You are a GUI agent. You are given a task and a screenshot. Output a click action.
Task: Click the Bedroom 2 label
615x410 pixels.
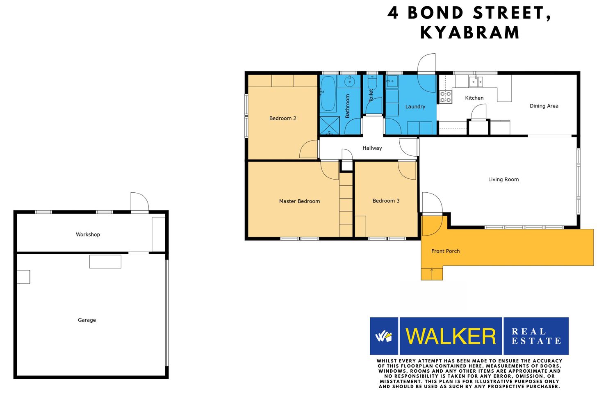pos(282,118)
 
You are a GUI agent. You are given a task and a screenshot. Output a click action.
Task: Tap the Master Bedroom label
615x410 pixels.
pos(299,201)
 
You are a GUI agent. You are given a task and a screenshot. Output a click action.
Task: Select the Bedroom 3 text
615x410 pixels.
pos(386,201)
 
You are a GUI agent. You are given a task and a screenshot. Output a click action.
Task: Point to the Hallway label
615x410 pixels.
pos(372,148)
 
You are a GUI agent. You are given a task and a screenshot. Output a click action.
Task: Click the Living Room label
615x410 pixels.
pos(503,180)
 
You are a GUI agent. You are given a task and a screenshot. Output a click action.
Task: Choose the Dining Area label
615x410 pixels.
pos(544,106)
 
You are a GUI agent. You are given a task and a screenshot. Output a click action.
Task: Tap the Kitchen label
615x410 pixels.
pos(474,98)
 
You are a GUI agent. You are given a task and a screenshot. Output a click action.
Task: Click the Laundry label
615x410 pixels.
pos(415,107)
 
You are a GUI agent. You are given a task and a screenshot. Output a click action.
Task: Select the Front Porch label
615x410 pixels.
pos(445,251)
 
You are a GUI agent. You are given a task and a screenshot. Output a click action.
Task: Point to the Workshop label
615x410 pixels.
pos(88,235)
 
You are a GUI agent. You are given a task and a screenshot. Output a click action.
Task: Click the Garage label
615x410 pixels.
pos(87,320)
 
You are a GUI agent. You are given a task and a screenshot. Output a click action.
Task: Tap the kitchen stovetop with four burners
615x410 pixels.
pos(445,97)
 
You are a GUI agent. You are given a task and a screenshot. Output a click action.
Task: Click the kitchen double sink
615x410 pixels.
pos(476,82)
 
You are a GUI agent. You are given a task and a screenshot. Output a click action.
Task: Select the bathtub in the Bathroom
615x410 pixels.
pos(328,93)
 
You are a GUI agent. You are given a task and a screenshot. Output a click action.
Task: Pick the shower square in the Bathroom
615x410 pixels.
pos(330,125)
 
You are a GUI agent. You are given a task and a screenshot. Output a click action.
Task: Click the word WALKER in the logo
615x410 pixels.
pos(451,336)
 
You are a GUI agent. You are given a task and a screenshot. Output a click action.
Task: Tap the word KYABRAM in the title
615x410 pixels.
pos(470,33)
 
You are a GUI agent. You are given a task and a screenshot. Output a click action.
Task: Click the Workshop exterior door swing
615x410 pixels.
pos(140,203)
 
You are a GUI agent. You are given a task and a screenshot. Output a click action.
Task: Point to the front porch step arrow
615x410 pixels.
pos(432,274)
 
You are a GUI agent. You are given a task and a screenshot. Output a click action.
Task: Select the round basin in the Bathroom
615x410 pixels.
pos(350,81)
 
